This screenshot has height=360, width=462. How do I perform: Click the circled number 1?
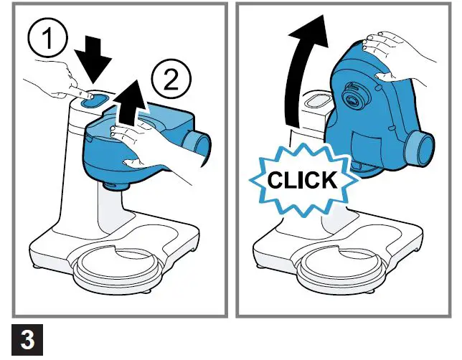point(47,38)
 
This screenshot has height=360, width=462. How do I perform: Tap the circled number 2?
point(171,79)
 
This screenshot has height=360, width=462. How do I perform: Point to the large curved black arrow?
point(298,74)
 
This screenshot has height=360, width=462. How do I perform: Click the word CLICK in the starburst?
point(302,180)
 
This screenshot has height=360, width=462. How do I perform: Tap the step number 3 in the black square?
point(27,340)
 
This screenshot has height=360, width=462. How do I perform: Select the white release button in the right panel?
point(318,101)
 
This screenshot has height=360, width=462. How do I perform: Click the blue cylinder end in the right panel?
point(419,147)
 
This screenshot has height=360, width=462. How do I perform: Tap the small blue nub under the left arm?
point(115,186)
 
